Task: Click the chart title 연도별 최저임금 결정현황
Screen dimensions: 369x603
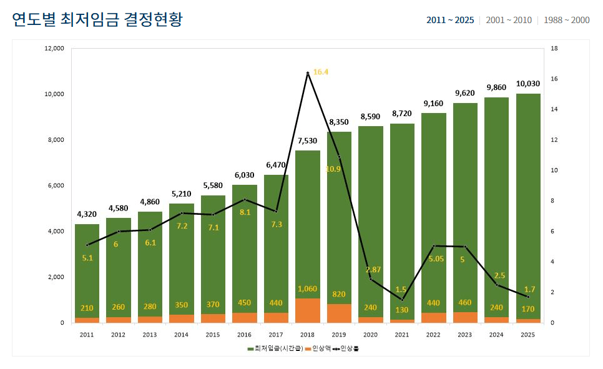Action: click(x=97, y=19)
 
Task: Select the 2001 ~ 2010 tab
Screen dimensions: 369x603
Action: click(x=509, y=20)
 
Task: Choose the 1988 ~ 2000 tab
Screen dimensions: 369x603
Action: click(x=566, y=20)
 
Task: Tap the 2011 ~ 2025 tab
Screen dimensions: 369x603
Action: click(x=450, y=20)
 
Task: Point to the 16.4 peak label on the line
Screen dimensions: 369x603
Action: click(x=321, y=72)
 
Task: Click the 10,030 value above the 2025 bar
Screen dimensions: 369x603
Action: click(x=527, y=83)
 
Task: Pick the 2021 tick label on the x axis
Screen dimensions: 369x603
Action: click(x=402, y=335)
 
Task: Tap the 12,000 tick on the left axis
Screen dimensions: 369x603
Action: click(x=55, y=49)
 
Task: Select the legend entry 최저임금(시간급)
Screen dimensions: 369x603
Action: click(x=275, y=348)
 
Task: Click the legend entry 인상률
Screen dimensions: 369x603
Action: click(x=348, y=348)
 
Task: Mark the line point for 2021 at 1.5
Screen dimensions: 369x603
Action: click(x=402, y=300)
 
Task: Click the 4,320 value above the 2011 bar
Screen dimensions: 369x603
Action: click(x=87, y=214)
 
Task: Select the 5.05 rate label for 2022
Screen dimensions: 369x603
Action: click(x=433, y=258)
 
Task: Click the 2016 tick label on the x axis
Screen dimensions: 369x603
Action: click(x=245, y=335)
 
